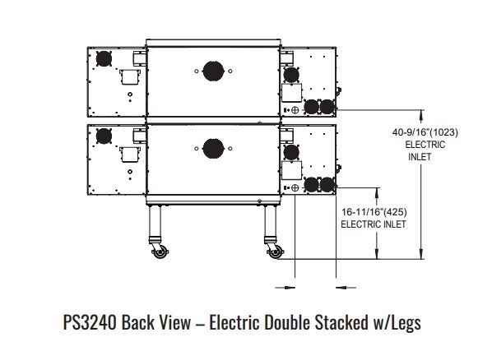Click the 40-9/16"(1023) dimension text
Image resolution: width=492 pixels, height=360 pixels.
coord(425,132)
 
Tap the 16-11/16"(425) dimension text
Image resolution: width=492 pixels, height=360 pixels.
coord(374,212)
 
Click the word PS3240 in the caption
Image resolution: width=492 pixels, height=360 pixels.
coord(90,322)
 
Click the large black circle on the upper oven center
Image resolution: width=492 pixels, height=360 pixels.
coord(213,72)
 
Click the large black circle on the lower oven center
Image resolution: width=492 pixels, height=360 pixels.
coord(213,149)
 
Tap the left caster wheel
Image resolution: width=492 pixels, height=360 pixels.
coord(160,252)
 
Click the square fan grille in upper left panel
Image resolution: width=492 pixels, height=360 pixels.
coord(104,58)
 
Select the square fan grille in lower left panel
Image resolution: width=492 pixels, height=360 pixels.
coord(104,136)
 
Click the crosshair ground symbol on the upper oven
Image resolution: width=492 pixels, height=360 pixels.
coord(295,110)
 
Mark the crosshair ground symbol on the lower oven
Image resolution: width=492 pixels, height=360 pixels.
coord(295,188)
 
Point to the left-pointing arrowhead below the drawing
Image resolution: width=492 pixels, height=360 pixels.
coord(341,287)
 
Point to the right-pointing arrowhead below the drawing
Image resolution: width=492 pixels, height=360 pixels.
coord(290,287)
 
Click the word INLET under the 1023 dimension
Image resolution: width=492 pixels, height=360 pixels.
coord(420,157)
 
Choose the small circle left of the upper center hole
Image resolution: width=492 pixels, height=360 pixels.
coord(197,72)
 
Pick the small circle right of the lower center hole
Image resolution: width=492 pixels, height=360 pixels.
coord(230,149)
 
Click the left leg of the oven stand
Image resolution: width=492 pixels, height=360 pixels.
coord(155,221)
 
